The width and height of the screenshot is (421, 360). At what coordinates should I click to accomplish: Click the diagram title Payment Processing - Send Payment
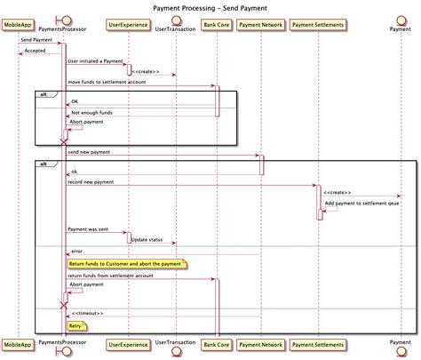210,6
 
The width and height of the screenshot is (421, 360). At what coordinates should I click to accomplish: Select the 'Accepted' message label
35,51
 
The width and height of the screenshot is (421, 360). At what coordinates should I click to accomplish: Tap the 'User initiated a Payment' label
94,60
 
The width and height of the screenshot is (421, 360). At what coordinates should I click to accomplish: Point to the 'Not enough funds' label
91,113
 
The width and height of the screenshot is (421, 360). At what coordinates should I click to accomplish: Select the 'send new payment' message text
90,152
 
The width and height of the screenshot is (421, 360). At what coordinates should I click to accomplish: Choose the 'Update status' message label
148,239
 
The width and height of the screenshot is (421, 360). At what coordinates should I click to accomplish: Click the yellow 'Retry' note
77,325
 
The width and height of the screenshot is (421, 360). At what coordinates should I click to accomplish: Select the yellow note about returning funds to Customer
125,264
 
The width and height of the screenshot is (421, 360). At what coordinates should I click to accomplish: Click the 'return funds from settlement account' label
110,276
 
